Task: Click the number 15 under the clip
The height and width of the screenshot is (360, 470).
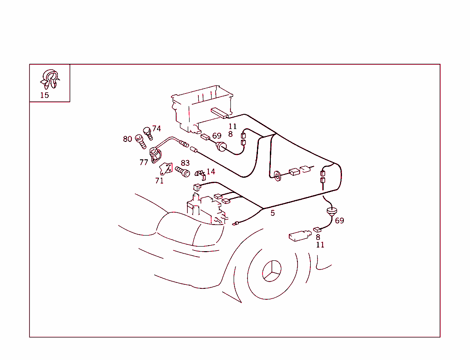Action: (x=44, y=96)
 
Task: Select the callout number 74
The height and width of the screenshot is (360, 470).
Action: (x=157, y=129)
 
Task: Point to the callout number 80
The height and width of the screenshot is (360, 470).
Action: (x=127, y=139)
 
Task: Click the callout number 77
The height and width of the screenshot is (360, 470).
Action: (x=144, y=163)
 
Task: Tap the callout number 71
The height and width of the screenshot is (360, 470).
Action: (x=159, y=181)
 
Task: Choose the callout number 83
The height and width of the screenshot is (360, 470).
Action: (x=185, y=163)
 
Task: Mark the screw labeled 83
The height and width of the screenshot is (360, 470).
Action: (x=183, y=172)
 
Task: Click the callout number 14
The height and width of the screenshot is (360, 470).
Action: (x=211, y=172)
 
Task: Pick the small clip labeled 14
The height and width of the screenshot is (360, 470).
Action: (x=200, y=174)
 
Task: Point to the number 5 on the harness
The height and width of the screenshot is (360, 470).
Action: (x=273, y=213)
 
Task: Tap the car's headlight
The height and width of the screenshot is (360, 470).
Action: (x=188, y=230)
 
